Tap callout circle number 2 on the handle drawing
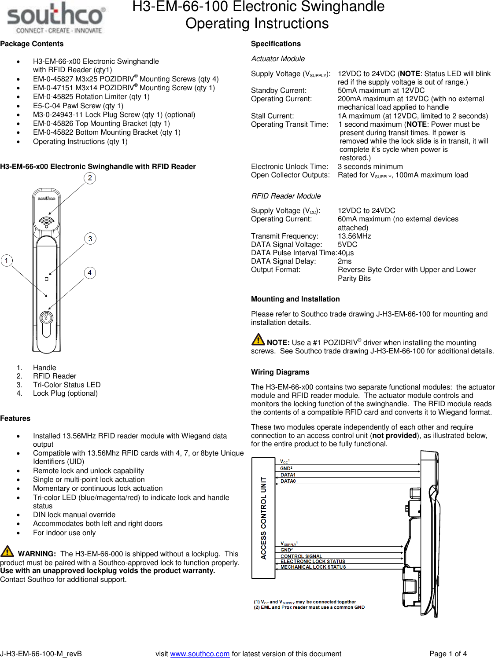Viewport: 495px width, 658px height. coord(90,178)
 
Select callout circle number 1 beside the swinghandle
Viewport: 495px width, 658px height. coord(7,261)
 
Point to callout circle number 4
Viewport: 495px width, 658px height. coord(90,273)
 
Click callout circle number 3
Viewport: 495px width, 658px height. coord(90,239)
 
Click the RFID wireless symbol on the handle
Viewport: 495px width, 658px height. coord(46,221)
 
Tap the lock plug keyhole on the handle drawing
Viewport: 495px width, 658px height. coord(46,318)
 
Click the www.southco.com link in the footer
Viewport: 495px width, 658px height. coord(199,654)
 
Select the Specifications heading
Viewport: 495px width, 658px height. coord(276,44)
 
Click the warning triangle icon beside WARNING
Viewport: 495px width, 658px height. coord(7,551)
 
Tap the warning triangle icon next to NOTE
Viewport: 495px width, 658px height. coord(258,339)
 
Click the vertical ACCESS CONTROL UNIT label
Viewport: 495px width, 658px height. coord(263,518)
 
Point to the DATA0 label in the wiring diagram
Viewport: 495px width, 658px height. coord(288,481)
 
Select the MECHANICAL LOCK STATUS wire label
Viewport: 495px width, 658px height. coord(313,567)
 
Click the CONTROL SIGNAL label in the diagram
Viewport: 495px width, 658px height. coord(301,556)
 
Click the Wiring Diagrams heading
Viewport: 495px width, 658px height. coord(280,372)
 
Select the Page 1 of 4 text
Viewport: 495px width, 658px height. coord(448,654)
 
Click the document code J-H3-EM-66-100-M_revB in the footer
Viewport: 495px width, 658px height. coord(41,654)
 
